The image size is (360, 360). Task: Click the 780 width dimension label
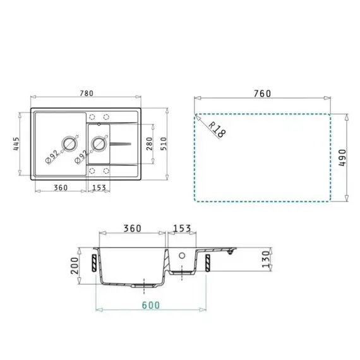click(x=87, y=93)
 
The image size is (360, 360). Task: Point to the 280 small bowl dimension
click(x=149, y=146)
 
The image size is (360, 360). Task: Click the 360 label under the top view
click(x=61, y=187)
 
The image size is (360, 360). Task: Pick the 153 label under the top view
click(x=99, y=187)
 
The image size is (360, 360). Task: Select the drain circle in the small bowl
click(x=99, y=145)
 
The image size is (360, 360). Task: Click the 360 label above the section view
click(x=132, y=228)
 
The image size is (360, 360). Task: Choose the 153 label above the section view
click(x=182, y=228)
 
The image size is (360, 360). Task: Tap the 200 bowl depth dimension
click(x=74, y=265)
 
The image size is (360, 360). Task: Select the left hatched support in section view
click(x=93, y=261)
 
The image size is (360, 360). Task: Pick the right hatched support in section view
click(x=207, y=260)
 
